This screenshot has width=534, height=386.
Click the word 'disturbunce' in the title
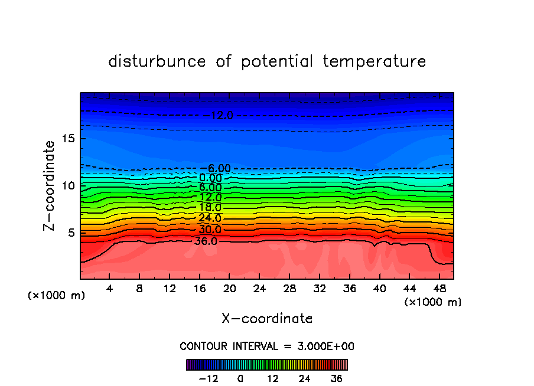tap(158, 61)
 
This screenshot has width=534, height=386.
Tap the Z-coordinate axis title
tap(50, 185)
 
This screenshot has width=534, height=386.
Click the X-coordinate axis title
tap(267, 319)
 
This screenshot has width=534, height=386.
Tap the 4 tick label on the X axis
tap(110, 289)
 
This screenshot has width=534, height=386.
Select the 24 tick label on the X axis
tap(259, 289)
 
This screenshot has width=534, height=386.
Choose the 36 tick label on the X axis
tap(349, 289)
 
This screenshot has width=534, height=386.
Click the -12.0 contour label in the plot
tap(219, 116)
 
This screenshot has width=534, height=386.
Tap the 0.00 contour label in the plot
tap(210, 178)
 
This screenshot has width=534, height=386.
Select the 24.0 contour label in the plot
tap(210, 218)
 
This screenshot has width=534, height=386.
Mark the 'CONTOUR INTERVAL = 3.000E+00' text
tap(267, 346)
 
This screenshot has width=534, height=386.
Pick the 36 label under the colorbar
tap(337, 378)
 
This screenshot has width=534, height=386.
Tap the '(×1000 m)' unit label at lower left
tap(57, 296)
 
